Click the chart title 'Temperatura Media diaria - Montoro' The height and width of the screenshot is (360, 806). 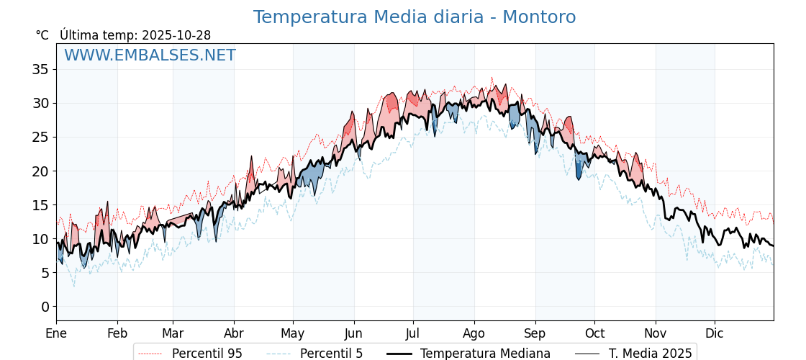[414, 17]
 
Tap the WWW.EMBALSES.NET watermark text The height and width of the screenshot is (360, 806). [150, 55]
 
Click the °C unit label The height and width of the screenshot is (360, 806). [42, 35]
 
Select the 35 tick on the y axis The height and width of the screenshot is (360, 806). [40, 69]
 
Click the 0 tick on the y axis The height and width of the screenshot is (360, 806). [45, 307]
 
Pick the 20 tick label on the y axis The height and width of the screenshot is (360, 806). [40, 171]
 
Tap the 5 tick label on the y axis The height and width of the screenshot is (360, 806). [45, 273]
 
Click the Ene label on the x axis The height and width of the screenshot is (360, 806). [56, 333]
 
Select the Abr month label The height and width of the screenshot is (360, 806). [234, 333]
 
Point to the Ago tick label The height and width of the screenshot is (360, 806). [474, 333]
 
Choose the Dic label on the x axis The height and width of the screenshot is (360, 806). [715, 333]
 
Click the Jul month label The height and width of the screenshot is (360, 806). [413, 333]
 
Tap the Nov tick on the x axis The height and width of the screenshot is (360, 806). [656, 333]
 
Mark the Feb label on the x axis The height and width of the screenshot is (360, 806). [117, 333]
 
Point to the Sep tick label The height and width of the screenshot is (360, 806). [535, 333]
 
